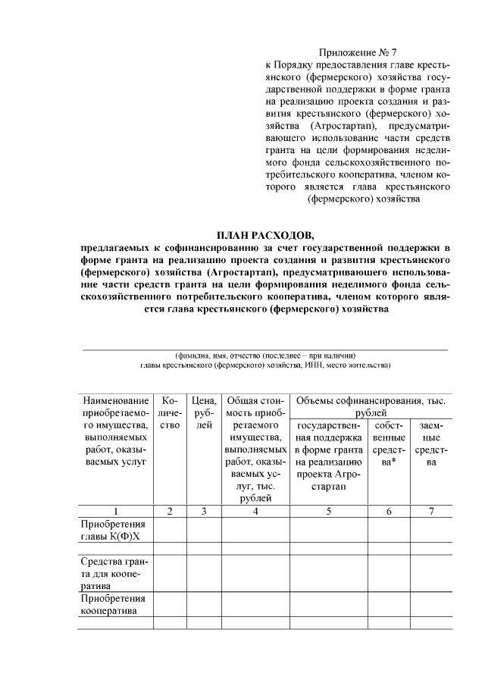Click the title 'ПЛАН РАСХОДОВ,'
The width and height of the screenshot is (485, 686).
(x=264, y=235)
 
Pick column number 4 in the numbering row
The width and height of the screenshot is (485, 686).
(x=255, y=511)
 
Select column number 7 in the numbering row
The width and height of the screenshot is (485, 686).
(x=431, y=511)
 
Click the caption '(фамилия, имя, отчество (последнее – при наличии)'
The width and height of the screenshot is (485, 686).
(x=264, y=355)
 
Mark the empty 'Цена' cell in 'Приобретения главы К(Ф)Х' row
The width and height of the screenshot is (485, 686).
(x=204, y=530)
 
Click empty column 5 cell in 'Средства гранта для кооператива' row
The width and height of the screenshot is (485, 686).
(x=330, y=573)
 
